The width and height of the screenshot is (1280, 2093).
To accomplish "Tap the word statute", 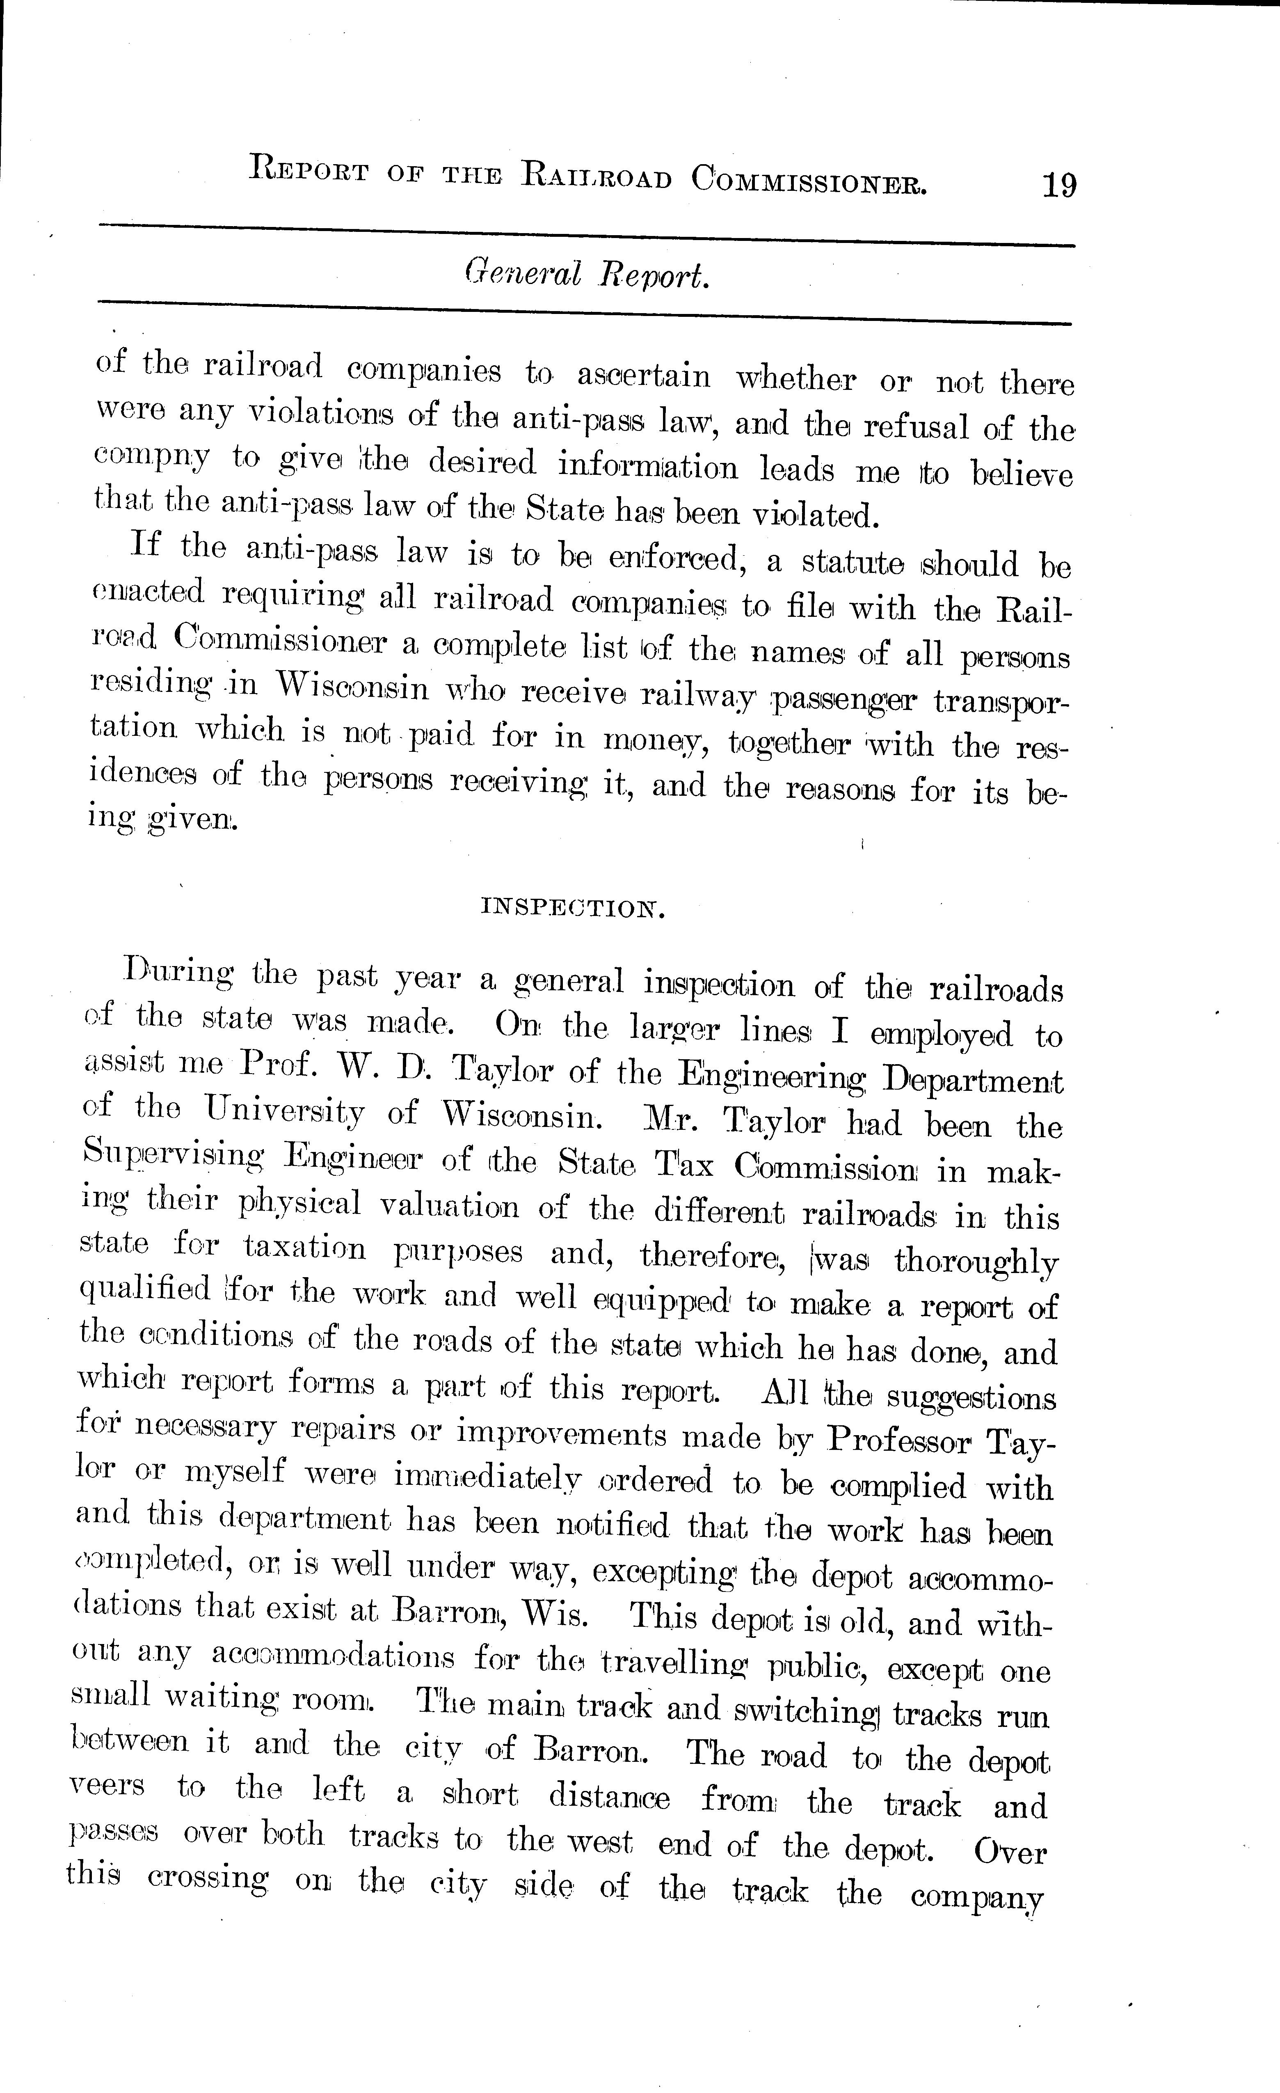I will click(853, 562).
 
